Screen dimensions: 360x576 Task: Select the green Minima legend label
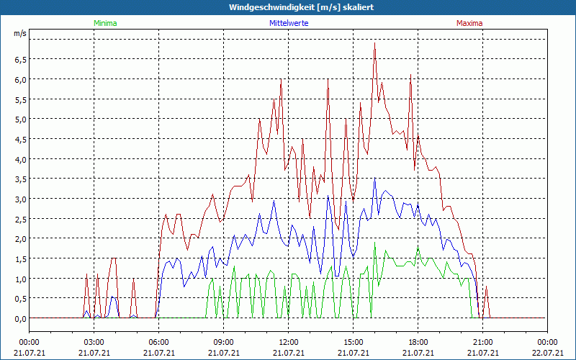click(105, 23)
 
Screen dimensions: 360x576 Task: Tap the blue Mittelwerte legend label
click(289, 23)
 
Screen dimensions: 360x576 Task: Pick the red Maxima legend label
click(469, 23)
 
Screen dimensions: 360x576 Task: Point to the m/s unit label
click(19, 33)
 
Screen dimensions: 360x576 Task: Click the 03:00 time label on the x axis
click(94, 342)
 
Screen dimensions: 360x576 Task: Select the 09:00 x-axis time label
click(223, 342)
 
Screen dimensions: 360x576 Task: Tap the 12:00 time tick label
click(288, 342)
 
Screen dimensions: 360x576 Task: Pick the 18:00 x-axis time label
click(418, 342)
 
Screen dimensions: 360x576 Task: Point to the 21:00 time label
click(482, 342)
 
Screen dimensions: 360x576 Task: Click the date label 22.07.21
click(547, 353)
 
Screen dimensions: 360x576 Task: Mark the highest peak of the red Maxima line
click(375, 43)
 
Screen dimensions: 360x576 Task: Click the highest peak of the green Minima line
click(375, 242)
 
